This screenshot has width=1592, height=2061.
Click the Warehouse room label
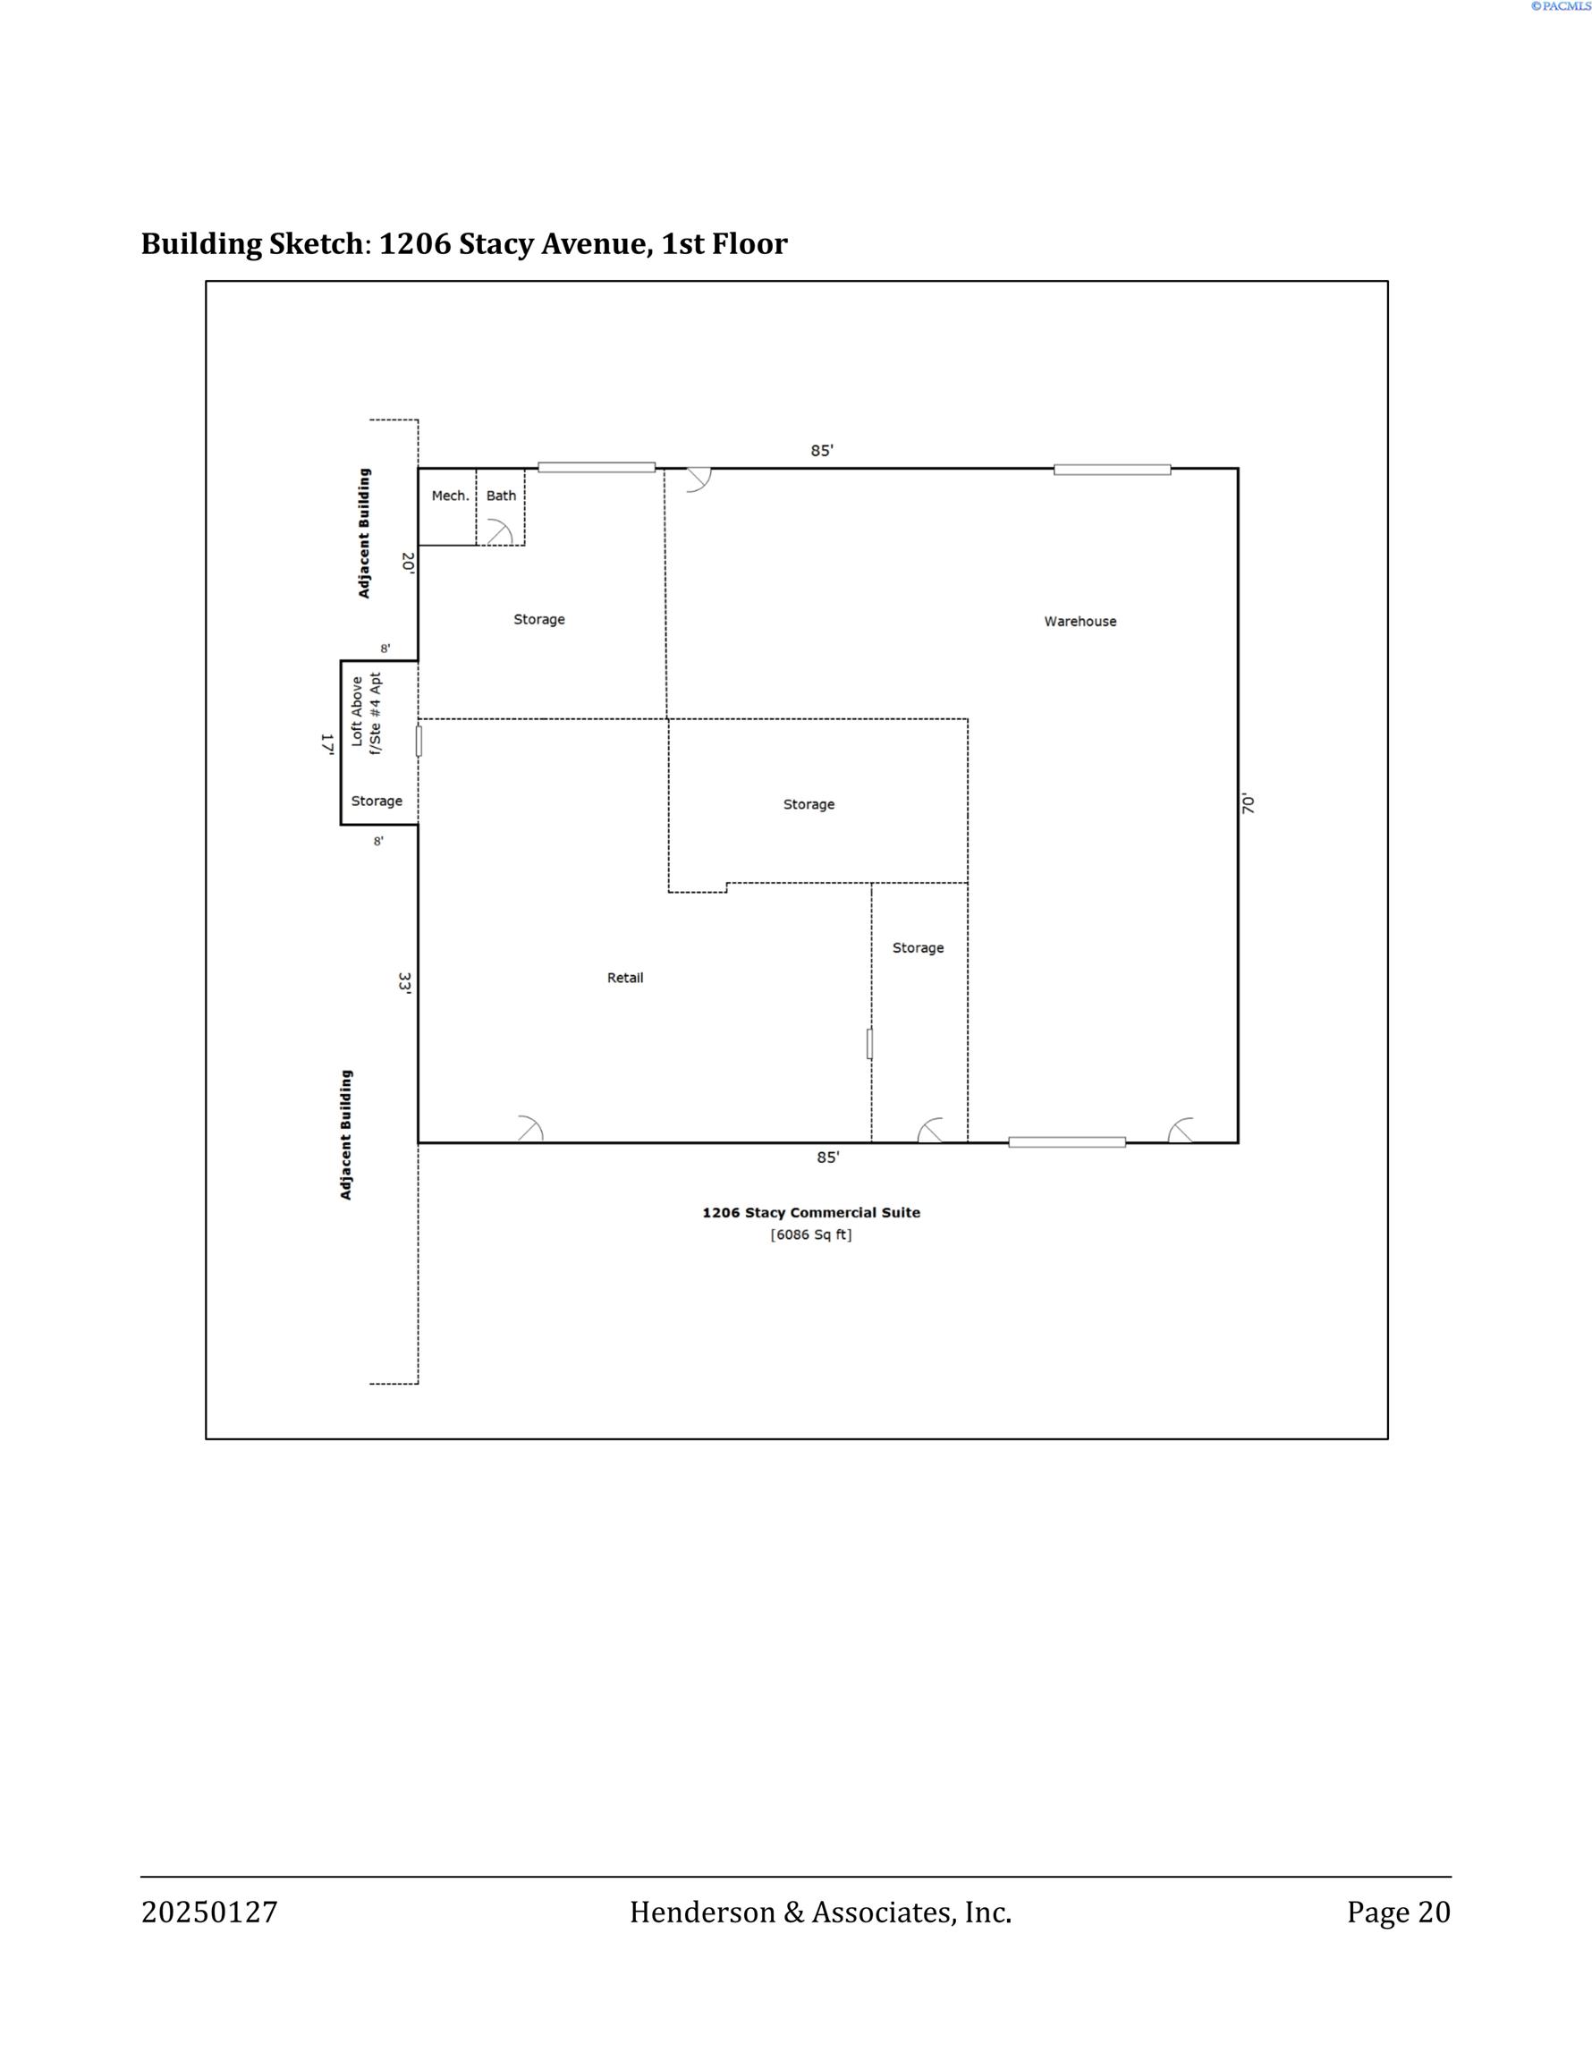pos(1080,621)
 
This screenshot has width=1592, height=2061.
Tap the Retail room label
pos(624,978)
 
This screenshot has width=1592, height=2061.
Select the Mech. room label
pos(450,496)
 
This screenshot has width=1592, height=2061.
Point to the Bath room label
pos(501,496)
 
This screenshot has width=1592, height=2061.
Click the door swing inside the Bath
pos(500,531)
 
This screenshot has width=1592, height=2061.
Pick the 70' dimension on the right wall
pos(1249,804)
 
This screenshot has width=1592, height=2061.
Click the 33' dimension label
pos(405,983)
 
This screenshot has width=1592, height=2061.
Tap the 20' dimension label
pos(408,563)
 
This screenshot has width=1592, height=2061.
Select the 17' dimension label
pos(326,743)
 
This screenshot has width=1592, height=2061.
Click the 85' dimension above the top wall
pos(822,450)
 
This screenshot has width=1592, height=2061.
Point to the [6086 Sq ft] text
pos(810,1234)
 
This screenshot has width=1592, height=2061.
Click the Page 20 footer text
pos(1399,1912)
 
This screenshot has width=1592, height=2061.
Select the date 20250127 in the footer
pos(209,1912)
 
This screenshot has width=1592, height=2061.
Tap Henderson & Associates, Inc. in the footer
pos(820,1912)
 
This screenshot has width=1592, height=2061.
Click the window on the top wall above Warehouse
pos(1112,469)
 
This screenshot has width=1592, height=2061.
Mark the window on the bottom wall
pos(1066,1141)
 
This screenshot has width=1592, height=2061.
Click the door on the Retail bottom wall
pos(530,1129)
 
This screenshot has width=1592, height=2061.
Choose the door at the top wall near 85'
pos(699,480)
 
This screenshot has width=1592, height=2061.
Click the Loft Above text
pos(357,711)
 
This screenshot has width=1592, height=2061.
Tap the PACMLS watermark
pos(1561,6)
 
